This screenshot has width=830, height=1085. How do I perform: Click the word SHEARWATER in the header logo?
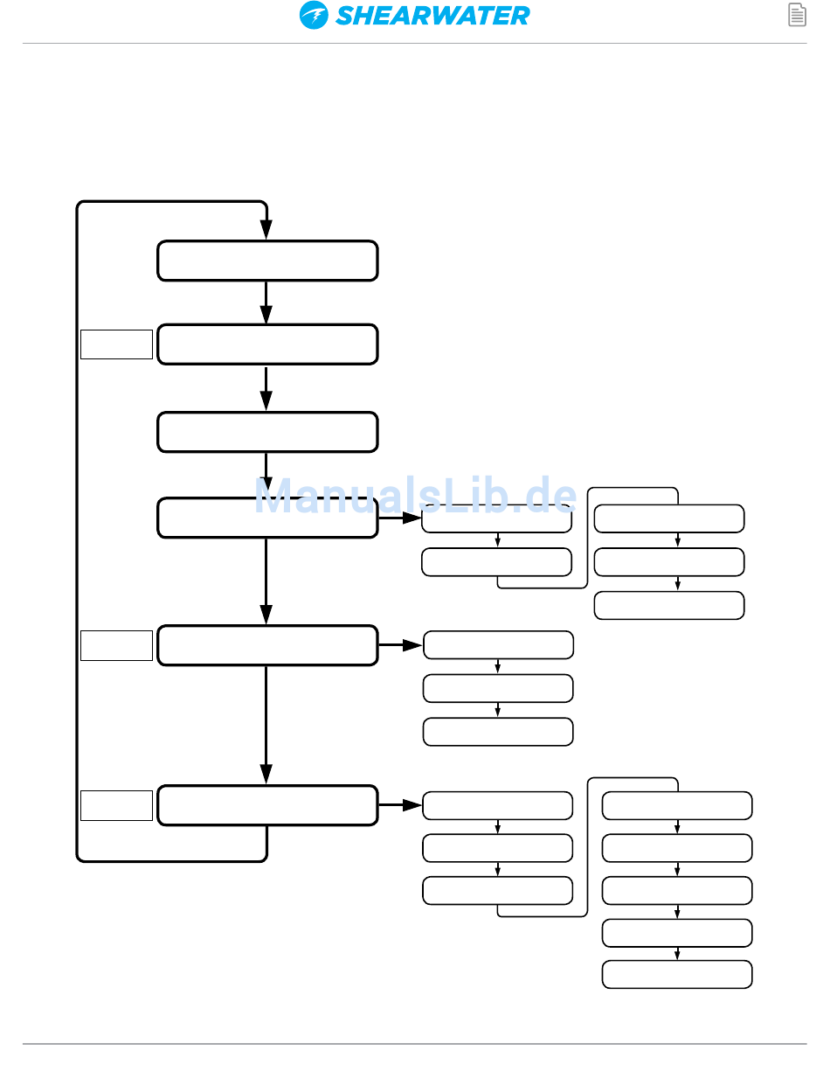[432, 16]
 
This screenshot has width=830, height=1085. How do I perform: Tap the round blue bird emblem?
[314, 16]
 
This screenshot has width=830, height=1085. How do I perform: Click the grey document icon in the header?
[797, 15]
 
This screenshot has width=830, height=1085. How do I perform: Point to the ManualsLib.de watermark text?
[416, 498]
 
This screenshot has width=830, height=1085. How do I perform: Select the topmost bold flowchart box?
[267, 261]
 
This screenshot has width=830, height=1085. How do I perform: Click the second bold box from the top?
[267, 344]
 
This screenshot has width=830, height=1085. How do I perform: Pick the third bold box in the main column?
[267, 432]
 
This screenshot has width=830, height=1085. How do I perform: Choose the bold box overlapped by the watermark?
[267, 518]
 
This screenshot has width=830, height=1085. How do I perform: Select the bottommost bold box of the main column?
[267, 805]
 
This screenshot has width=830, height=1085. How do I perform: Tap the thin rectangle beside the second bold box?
[116, 344]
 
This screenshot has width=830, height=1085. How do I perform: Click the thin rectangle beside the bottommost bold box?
[116, 805]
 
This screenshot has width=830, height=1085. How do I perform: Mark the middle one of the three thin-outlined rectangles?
[116, 645]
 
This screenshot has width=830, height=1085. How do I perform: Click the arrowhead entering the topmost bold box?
[266, 230]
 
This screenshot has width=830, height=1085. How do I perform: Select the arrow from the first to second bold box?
[266, 303]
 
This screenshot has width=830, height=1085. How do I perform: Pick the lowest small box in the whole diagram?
[677, 974]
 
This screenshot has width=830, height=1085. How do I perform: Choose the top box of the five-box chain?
[677, 805]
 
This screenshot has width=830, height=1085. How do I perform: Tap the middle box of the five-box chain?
[677, 890]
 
